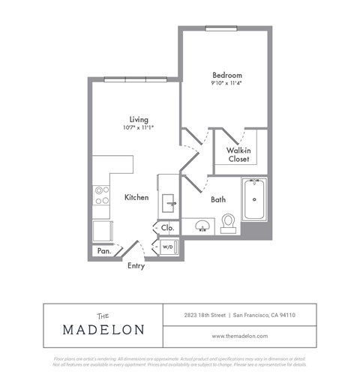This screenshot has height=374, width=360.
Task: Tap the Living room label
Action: click(x=138, y=119)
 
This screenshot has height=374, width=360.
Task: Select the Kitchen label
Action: click(x=136, y=198)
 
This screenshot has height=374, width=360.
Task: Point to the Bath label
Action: click(x=217, y=200)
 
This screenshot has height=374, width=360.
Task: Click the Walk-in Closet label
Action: click(x=238, y=154)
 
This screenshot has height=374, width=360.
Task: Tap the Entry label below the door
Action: click(x=136, y=265)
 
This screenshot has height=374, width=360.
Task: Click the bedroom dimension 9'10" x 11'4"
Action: click(x=226, y=84)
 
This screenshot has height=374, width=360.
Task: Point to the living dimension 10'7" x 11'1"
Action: click(x=138, y=128)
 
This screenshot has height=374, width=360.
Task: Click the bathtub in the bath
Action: click(x=255, y=200)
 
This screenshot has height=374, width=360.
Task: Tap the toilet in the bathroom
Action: click(x=228, y=223)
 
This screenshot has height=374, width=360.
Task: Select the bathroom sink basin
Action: click(x=200, y=225)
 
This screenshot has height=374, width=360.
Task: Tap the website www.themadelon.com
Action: click(x=239, y=336)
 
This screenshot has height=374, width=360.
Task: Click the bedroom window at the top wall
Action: click(x=223, y=28)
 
